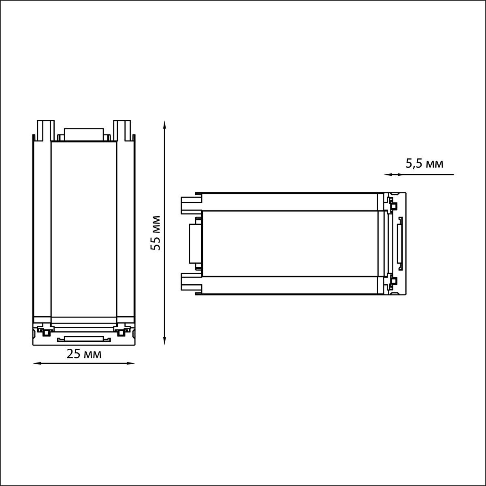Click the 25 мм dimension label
(x=84, y=354)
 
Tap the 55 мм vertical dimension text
(x=156, y=233)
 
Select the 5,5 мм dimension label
(x=424, y=164)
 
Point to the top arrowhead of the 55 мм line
(x=164, y=125)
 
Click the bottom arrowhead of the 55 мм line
(x=164, y=340)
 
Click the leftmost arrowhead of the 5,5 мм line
(x=389, y=174)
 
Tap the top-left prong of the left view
(x=46, y=130)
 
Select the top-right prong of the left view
(x=122, y=130)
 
